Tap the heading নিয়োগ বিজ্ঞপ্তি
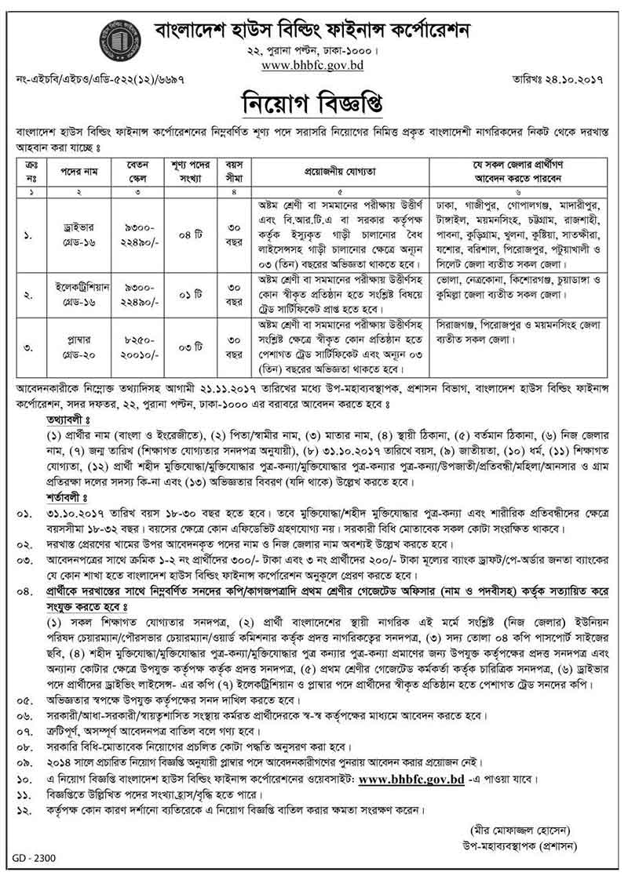click(313, 103)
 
